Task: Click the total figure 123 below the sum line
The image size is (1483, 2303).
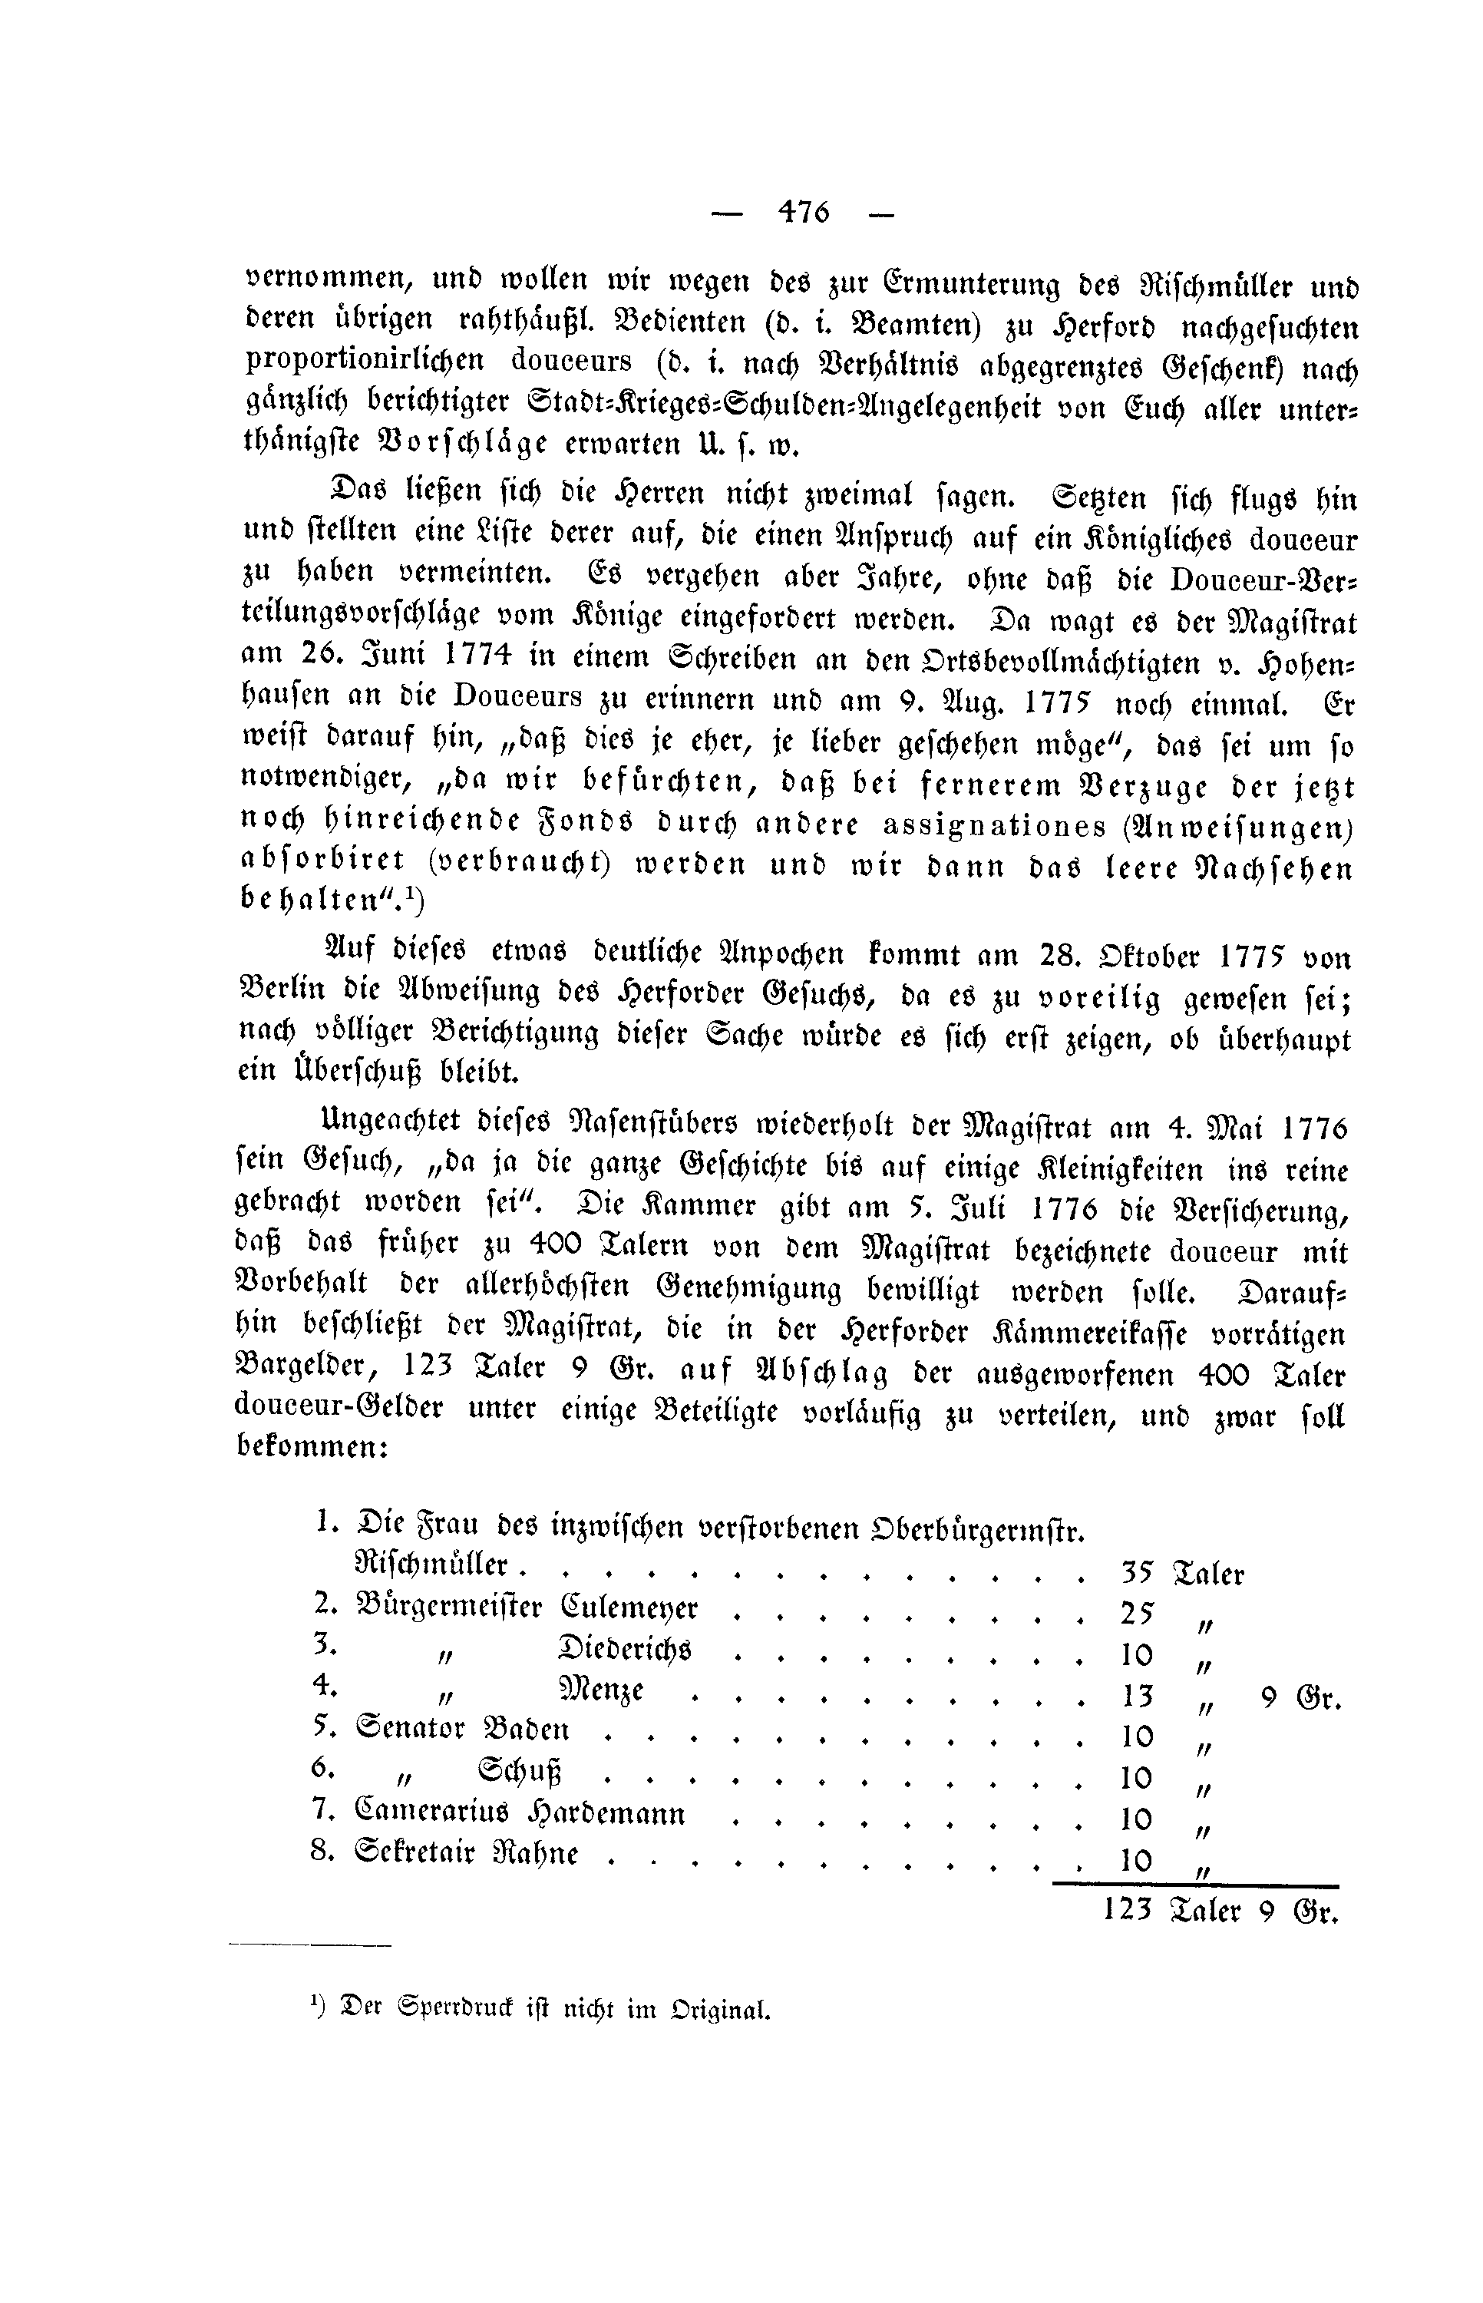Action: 1128,1909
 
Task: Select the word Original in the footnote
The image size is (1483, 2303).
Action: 723,2011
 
